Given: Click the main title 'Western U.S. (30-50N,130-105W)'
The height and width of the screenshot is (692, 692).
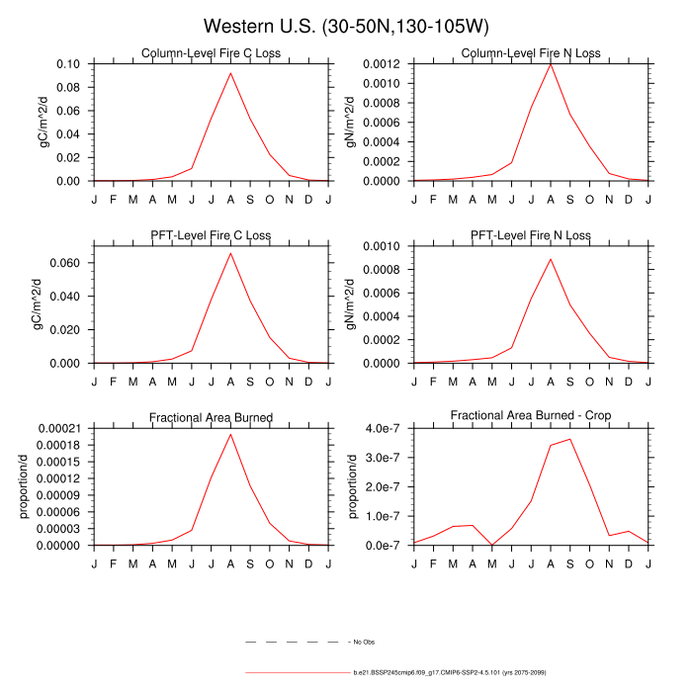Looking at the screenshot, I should click(x=345, y=26).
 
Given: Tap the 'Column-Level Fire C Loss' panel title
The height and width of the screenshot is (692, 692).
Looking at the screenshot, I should click(x=212, y=53).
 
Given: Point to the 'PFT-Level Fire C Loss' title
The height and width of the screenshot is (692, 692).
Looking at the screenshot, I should click(x=212, y=235).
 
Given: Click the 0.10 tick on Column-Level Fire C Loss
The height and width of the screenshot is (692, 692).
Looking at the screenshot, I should click(x=69, y=64).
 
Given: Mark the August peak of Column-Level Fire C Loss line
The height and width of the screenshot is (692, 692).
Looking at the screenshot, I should click(x=230, y=73).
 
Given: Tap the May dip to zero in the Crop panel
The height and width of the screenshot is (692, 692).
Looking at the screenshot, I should click(x=492, y=545).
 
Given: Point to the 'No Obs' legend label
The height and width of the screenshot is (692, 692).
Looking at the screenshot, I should click(x=363, y=643).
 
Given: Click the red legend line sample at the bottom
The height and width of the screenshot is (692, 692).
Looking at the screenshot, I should click(x=297, y=672).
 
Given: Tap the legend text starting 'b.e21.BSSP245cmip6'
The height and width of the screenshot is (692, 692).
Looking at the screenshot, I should click(x=450, y=672).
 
